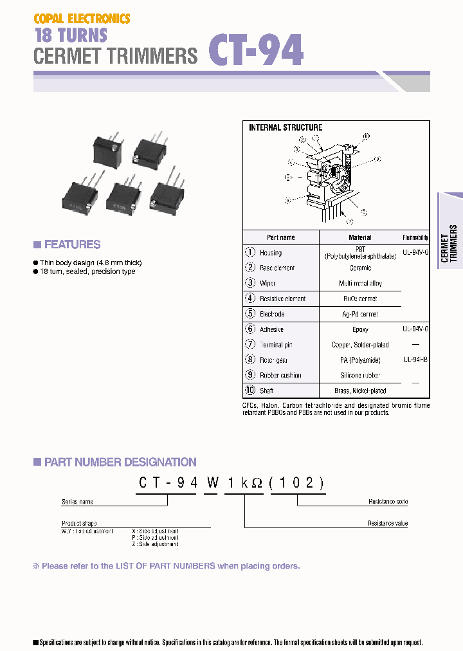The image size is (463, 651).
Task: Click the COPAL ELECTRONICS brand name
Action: tap(82, 19)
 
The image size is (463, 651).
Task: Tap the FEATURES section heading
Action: tap(72, 244)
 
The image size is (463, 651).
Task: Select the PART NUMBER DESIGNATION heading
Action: tap(120, 462)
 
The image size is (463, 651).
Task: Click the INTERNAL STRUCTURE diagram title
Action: tap(286, 127)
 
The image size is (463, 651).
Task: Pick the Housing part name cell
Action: tap(271, 253)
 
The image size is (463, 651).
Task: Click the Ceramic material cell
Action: tap(360, 268)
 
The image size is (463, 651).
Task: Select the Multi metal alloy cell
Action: tap(360, 284)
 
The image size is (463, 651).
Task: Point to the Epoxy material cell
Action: tap(360, 329)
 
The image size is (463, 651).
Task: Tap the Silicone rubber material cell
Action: tap(360, 376)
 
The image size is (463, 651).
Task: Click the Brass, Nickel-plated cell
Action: tap(360, 391)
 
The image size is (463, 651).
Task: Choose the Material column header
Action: tap(360, 237)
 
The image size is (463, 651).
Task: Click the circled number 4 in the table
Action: tap(251, 298)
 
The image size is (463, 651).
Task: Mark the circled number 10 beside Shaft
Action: tap(251, 390)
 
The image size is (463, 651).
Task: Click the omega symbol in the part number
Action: tap(257, 483)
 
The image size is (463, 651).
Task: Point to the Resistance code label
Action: tap(388, 502)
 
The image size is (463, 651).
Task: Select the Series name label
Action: tap(77, 502)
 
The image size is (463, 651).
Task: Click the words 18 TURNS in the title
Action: tap(70, 35)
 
